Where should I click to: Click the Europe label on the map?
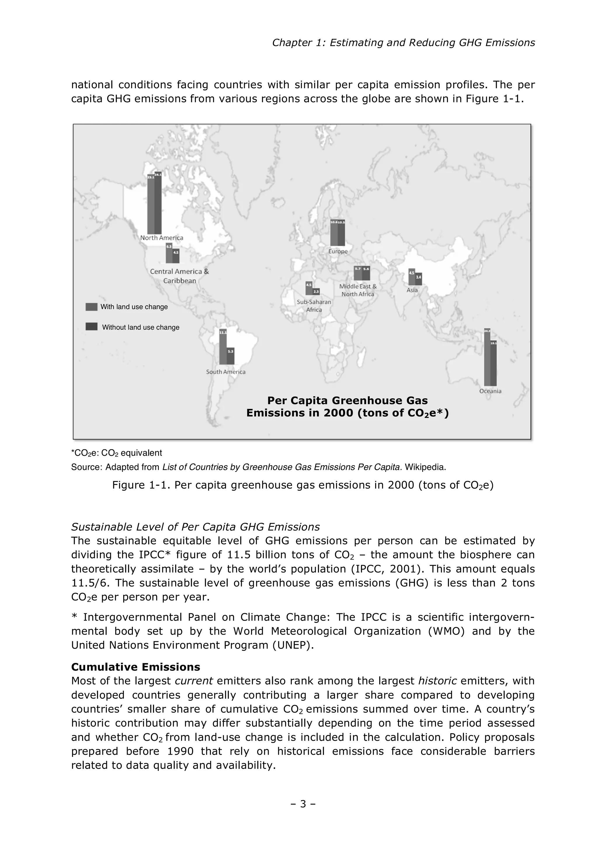tap(338, 251)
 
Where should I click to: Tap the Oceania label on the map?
tap(490, 391)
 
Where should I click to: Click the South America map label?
tap(225, 372)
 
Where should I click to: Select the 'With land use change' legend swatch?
tap(91, 307)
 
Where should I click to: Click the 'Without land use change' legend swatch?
tap(91, 327)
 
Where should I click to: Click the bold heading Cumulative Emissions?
tap(135, 667)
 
